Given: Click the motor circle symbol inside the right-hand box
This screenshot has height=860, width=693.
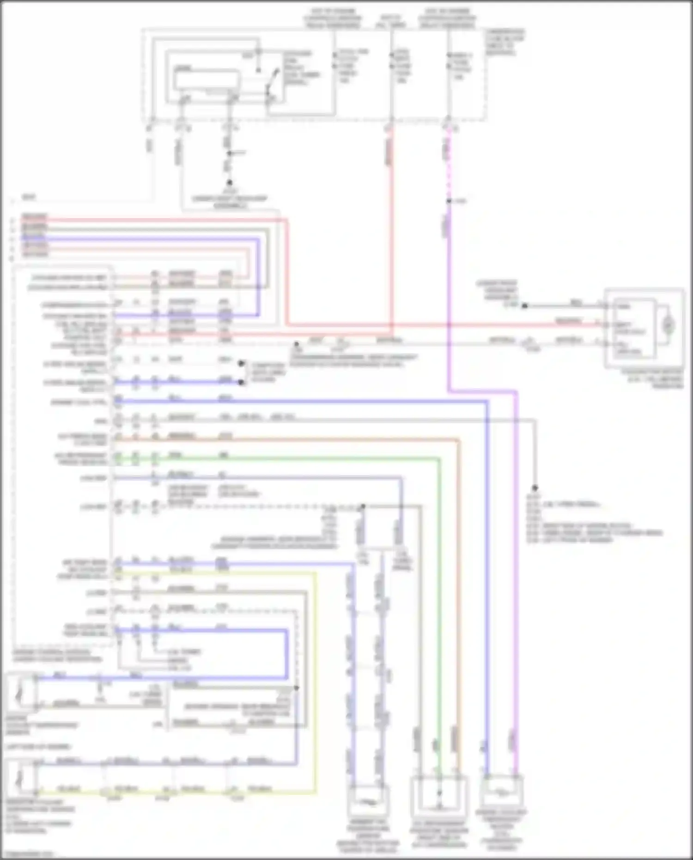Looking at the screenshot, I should (668, 325).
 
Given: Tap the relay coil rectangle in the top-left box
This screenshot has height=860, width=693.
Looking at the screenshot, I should (206, 79).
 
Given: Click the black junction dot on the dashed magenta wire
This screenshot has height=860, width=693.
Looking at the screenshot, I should (449, 201).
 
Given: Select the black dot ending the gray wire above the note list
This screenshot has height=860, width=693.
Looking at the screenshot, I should (535, 488).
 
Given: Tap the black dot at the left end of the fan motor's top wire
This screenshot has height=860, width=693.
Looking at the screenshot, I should (524, 306).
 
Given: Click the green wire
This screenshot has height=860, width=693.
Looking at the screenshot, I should (439, 601).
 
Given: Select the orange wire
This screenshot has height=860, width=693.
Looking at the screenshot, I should (459, 601).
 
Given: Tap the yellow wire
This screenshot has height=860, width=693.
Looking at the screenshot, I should (316, 670).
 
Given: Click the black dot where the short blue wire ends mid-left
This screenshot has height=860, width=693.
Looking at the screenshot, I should (241, 383).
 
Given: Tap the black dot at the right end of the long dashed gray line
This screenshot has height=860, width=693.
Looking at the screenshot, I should (363, 506).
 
